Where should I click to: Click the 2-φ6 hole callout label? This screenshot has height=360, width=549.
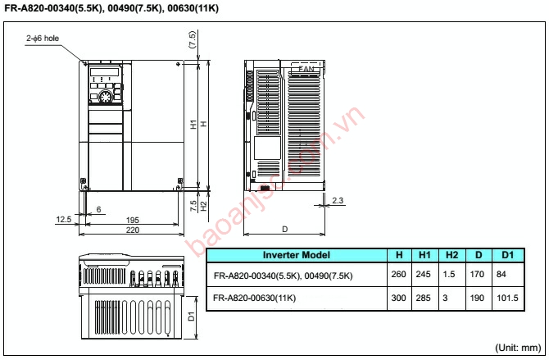(43, 39)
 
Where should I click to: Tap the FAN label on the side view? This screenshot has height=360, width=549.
(306, 71)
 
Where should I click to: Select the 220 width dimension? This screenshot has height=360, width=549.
(132, 230)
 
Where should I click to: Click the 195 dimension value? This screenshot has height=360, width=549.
(132, 221)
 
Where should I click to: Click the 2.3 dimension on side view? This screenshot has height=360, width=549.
(338, 200)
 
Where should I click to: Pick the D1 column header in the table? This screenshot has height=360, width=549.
(507, 254)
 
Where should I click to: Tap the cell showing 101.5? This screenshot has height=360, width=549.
(507, 298)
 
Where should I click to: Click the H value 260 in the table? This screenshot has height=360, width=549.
(398, 275)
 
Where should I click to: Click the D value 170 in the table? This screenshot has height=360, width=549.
(478, 275)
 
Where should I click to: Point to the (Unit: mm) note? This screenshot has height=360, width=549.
(519, 348)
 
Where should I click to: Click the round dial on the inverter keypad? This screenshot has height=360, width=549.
(104, 98)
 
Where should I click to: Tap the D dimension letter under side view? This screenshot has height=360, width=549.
(284, 228)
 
